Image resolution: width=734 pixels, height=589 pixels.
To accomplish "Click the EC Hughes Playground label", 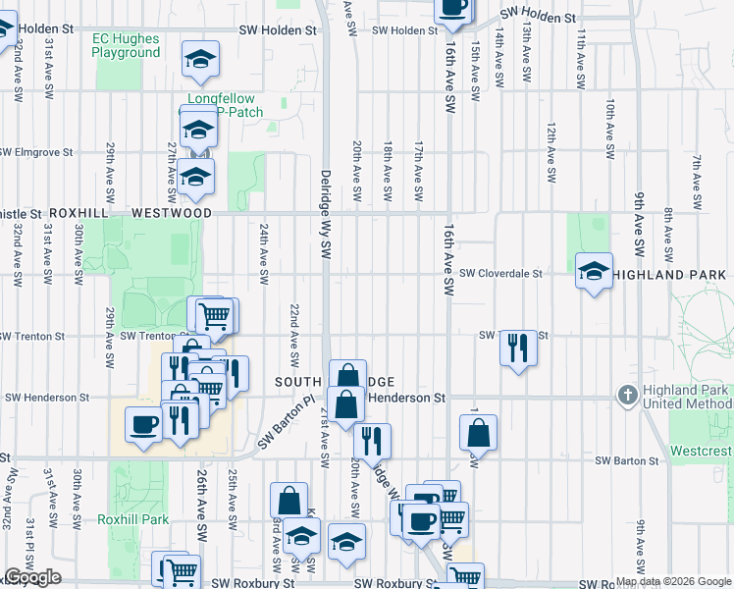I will [126, 46].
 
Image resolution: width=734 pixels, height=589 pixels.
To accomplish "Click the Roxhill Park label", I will [132, 519].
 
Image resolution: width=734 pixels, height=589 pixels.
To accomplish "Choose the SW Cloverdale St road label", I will [500, 274].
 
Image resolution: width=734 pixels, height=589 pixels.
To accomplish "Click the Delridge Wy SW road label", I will [325, 214].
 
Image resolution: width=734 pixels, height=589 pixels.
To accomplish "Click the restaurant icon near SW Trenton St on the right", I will [519, 347].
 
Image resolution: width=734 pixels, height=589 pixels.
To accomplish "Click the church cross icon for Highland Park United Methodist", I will [629, 396].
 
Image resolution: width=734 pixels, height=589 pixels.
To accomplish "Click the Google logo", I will [32, 577].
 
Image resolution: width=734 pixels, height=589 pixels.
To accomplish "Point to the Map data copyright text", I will [673, 581].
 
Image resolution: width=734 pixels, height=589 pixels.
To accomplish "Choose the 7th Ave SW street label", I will [697, 183].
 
